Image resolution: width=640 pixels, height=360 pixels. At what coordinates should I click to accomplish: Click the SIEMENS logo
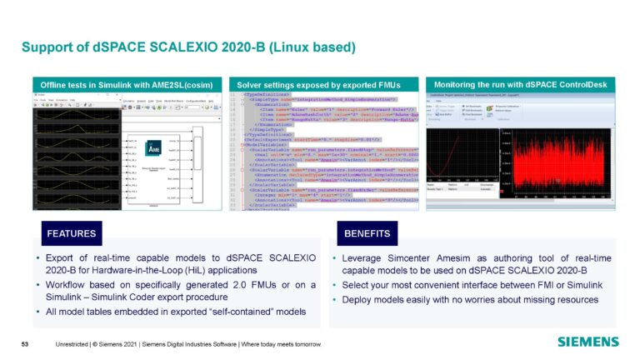tap(587, 342)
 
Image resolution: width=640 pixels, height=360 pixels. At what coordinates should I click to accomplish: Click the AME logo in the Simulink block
tap(149, 142)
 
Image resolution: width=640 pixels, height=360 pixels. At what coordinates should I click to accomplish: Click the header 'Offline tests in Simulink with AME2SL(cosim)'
tap(125, 84)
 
